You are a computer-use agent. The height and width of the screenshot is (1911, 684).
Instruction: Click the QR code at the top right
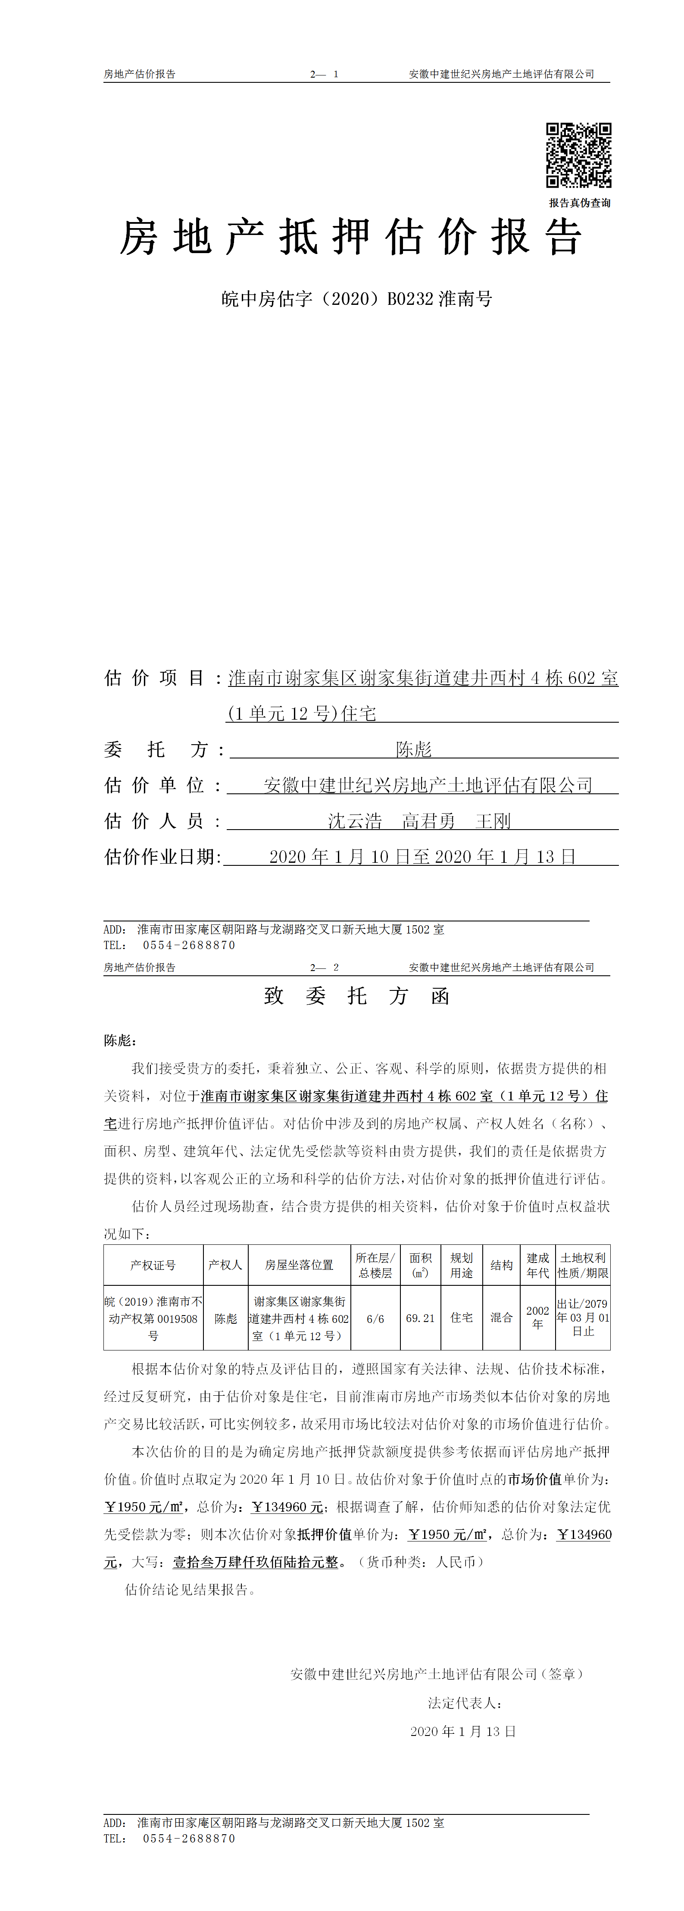coord(579,155)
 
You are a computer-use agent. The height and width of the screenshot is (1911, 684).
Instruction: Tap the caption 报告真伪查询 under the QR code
coord(579,203)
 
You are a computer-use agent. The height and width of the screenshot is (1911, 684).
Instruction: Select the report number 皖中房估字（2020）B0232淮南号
coord(357,299)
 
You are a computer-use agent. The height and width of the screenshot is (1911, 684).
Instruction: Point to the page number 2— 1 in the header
coord(324,74)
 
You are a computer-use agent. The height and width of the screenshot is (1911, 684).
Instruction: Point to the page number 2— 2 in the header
coord(324,968)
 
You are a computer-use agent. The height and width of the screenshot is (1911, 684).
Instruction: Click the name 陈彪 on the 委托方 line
coord(413,749)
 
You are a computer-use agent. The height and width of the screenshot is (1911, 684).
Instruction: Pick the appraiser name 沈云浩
coord(355,821)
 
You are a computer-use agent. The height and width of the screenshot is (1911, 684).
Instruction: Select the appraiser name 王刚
coord(493,821)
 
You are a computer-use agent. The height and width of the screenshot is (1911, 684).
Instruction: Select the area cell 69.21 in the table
coord(420,1318)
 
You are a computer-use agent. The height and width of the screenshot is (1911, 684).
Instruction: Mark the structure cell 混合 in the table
coord(502,1318)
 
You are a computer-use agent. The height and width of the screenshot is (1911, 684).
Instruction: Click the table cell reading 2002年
coord(538,1318)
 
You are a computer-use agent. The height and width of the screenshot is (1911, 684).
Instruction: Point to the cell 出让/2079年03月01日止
coord(583,1318)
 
